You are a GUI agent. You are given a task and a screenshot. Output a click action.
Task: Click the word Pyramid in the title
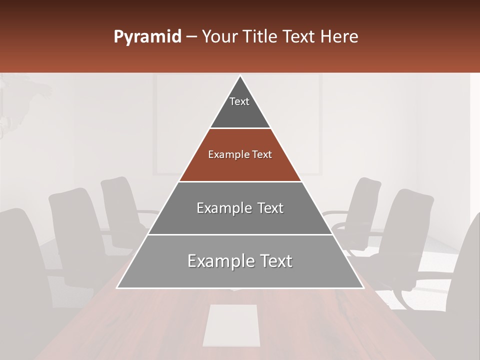click(147, 37)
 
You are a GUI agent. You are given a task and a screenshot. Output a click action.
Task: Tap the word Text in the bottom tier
click(272, 261)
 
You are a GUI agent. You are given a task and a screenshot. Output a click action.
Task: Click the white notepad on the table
click(231, 325)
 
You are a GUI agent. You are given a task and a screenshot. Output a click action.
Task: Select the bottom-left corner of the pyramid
click(118, 287)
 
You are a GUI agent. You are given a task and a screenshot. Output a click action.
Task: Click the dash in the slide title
click(191, 37)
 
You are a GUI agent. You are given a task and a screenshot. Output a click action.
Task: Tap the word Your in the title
click(218, 37)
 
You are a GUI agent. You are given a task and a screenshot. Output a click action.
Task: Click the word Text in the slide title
click(299, 37)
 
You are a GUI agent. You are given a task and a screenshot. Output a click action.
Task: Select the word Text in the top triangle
click(239, 101)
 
